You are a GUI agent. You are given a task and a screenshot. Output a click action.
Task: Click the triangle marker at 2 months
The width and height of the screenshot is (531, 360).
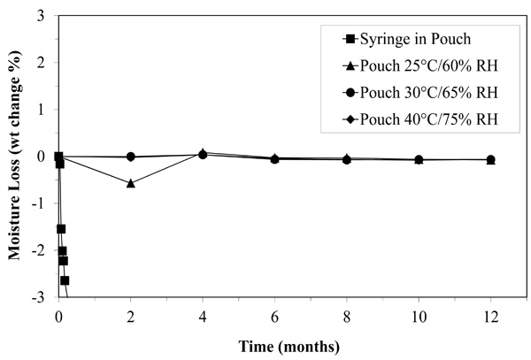click(x=131, y=183)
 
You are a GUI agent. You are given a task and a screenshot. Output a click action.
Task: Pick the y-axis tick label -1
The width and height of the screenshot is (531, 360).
click(x=39, y=204)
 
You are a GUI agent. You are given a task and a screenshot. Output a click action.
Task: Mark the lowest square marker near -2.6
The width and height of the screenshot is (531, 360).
click(x=65, y=280)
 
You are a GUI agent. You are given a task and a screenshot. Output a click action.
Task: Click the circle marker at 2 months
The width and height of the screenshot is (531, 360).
click(x=131, y=157)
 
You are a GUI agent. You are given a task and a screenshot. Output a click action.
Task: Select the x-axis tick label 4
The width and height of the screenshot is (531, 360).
click(x=203, y=316)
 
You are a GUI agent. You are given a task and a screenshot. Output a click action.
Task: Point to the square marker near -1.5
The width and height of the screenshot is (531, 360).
click(x=61, y=229)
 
